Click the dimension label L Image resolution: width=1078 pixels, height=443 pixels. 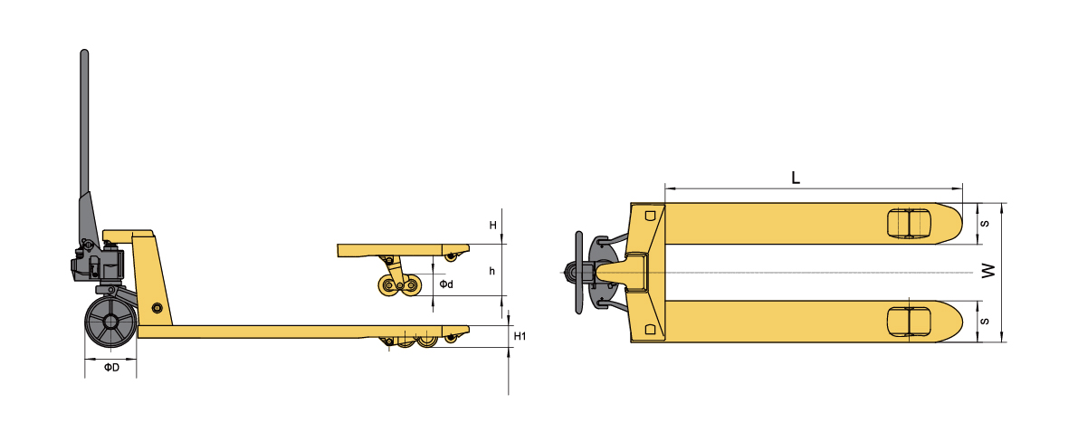[x=796, y=178]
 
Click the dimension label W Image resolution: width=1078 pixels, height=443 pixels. [x=988, y=272]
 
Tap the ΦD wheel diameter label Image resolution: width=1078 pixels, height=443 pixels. [x=111, y=367]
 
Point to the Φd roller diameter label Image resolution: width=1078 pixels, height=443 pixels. [x=446, y=284]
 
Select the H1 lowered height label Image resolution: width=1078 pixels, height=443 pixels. [x=520, y=336]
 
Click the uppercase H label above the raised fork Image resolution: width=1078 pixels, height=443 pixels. [x=492, y=225]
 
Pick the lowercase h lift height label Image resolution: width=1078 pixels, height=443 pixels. [x=491, y=271]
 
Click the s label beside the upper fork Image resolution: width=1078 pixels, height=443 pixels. [x=984, y=224]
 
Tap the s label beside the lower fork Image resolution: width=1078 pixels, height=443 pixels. [x=984, y=322]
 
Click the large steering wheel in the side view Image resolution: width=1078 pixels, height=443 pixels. [x=110, y=323]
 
